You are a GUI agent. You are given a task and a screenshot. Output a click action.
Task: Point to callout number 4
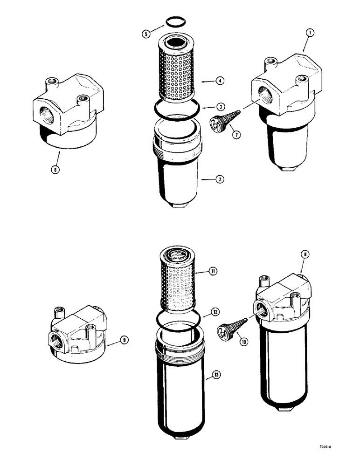point(220,81)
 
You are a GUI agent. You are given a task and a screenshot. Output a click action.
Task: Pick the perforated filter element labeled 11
point(178,280)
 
